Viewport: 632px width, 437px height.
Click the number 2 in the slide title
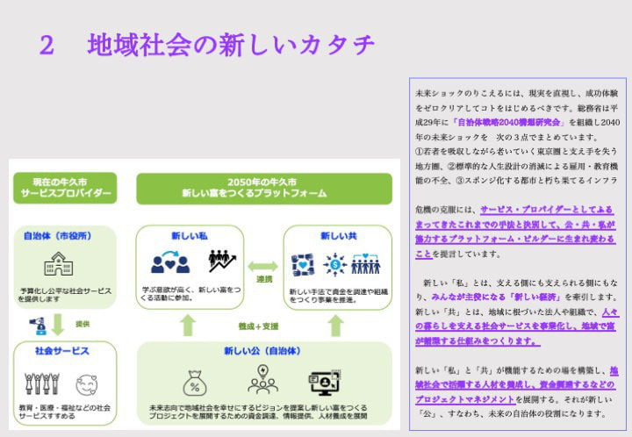(x=47, y=45)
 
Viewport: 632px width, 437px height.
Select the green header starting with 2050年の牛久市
(x=262, y=189)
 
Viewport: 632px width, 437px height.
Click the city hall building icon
(x=55, y=263)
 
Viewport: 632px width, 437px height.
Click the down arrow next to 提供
(x=59, y=325)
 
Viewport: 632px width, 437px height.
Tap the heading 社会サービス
(x=56, y=351)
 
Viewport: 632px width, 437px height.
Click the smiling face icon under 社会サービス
(x=85, y=384)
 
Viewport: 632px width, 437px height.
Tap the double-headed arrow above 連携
(x=262, y=266)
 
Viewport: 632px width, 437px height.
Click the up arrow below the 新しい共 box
(x=335, y=326)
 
